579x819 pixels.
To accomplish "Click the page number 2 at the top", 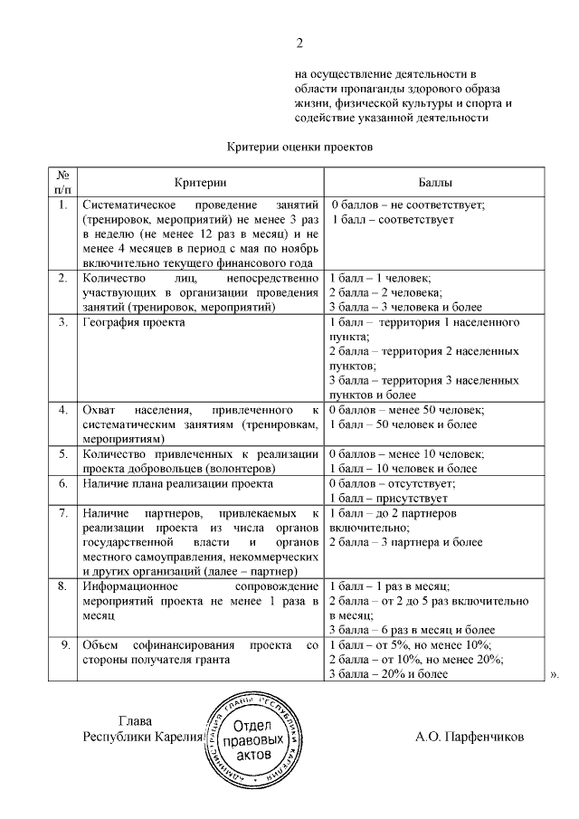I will coord(299,43).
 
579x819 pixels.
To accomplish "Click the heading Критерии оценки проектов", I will coord(299,146).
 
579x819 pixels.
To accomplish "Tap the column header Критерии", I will coord(198,181).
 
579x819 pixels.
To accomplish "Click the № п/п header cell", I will coord(62,181).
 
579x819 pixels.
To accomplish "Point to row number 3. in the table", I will coord(62,322).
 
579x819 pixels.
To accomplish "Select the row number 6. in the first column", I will coord(62,484).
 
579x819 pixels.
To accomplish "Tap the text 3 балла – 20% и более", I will coord(388,674).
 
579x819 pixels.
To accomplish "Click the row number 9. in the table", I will coord(62,645).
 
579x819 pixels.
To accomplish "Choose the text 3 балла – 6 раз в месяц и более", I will coord(412,631).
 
